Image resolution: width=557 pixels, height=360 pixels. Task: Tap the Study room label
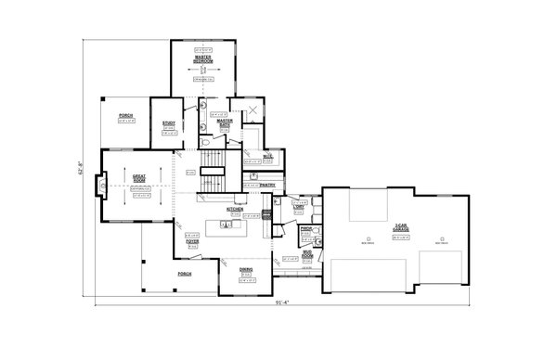pos(169,124)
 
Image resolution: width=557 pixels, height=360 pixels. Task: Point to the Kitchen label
pos(234,210)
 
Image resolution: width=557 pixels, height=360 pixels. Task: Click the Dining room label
pos(246,270)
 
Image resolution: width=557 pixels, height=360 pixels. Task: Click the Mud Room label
pos(306,251)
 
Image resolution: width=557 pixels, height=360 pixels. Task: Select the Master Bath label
pos(225,121)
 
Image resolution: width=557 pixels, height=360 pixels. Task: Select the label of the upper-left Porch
pos(126,117)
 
